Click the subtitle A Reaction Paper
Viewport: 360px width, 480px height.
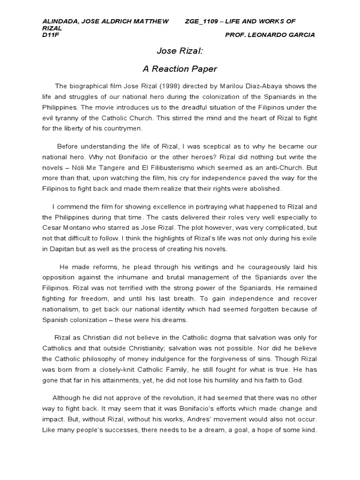pos(180,69)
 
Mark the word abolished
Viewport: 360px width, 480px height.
pos(266,189)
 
